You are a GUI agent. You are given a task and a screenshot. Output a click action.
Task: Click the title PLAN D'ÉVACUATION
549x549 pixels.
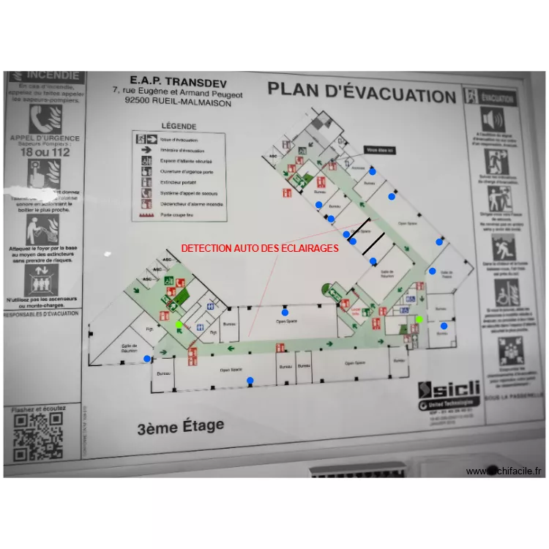coord(362,93)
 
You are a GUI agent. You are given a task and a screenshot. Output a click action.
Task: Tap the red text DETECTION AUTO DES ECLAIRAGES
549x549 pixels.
coord(260,248)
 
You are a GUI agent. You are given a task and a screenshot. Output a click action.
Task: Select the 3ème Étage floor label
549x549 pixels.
coord(180,426)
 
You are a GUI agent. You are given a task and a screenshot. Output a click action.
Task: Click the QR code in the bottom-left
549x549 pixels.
coord(38,437)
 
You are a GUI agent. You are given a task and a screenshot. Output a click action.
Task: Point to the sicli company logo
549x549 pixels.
coord(449,389)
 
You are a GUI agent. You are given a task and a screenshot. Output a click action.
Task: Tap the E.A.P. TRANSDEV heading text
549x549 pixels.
coord(171,80)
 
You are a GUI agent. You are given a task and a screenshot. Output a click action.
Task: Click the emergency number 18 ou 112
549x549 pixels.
coord(45,152)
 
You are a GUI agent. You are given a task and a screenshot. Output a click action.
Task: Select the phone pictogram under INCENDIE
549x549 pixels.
coord(42,118)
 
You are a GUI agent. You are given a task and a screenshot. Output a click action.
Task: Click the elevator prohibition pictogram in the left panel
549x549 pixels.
coord(42,279)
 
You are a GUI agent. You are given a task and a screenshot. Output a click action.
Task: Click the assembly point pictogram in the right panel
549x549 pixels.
coord(502,351)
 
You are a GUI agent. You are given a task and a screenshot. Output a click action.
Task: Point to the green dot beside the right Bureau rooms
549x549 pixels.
coord(419,319)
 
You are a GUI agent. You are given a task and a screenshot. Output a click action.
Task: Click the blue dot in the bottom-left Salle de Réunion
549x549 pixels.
coord(147,359)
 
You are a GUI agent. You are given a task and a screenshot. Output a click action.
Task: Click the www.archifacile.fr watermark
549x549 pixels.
coord(505,471)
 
